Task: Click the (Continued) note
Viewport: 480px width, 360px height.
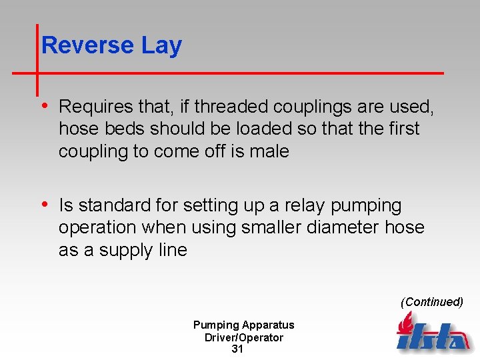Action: point(431,302)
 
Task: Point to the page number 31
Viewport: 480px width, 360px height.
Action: point(237,349)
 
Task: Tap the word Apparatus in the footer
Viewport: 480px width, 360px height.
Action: point(268,325)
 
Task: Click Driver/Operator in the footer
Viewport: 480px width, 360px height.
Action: point(243,337)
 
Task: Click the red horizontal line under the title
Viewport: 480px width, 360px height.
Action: point(267,72)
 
